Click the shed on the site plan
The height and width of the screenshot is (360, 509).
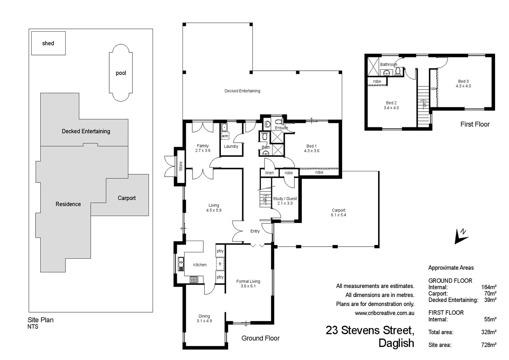tap(48, 43)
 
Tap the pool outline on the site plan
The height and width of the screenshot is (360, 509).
tap(121, 73)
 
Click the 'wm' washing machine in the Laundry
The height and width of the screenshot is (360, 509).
tap(225, 136)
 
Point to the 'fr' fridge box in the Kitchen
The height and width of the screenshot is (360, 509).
tap(220, 264)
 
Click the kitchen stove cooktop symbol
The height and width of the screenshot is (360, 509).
tap(194, 280)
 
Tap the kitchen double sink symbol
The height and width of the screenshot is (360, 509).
tap(181, 264)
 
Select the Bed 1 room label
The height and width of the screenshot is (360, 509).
tap(311, 146)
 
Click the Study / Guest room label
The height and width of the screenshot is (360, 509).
tap(285, 199)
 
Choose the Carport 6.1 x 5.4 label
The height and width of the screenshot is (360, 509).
tap(338, 213)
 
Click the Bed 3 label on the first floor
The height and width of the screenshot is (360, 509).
tap(463, 81)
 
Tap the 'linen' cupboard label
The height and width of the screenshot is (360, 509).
tap(269, 173)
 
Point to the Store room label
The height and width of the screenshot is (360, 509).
tap(181, 166)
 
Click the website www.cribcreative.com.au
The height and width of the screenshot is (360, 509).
tap(384, 313)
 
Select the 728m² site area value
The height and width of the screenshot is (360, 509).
tap(489, 345)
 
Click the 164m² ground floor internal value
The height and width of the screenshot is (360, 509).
tap(489, 287)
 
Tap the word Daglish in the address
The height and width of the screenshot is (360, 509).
tap(396, 343)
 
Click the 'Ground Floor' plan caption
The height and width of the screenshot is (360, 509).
tap(260, 338)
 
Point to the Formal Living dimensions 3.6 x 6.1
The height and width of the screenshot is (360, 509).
tap(248, 286)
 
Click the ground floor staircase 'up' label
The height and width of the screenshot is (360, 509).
tap(264, 200)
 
